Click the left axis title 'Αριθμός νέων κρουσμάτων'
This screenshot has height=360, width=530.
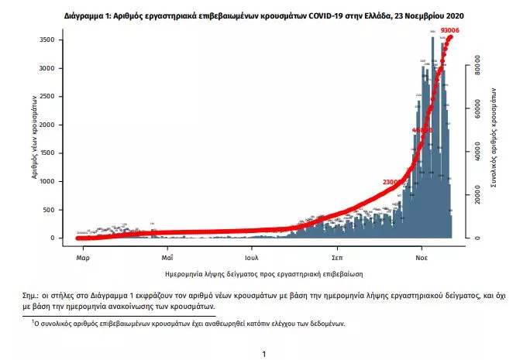36,138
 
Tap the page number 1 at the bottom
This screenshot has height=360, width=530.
264,354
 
